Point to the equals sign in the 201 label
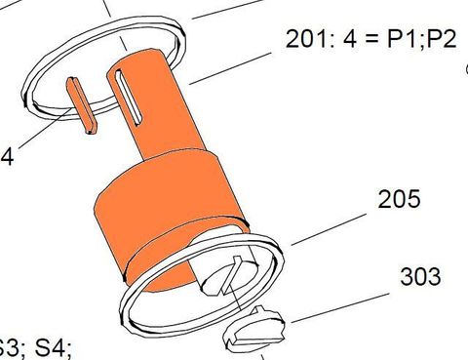[365, 40]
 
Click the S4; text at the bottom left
[50, 347]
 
